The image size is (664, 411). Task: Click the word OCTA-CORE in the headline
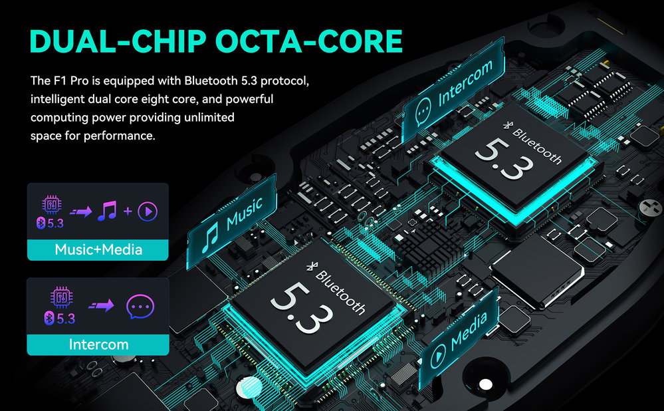pyautogui.click(x=308, y=41)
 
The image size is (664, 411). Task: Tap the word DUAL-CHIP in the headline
pyautogui.click(x=118, y=41)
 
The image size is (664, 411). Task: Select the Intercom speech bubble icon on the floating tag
pyautogui.click(x=423, y=112)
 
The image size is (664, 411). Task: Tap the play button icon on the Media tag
pyautogui.click(x=438, y=356)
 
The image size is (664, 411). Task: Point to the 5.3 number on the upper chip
pyautogui.click(x=504, y=158)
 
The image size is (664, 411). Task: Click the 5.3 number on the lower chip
pyautogui.click(x=302, y=307)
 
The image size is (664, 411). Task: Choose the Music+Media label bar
pyautogui.click(x=98, y=250)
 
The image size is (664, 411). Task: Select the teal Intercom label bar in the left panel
pyautogui.click(x=98, y=344)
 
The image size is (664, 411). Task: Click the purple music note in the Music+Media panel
pyautogui.click(x=107, y=211)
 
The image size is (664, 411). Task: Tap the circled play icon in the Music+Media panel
pyautogui.click(x=148, y=211)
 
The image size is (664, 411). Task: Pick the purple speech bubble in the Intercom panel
pyautogui.click(x=140, y=307)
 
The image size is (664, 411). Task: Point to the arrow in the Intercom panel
pyautogui.click(x=101, y=305)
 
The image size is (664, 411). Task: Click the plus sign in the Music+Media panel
pyautogui.click(x=128, y=211)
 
